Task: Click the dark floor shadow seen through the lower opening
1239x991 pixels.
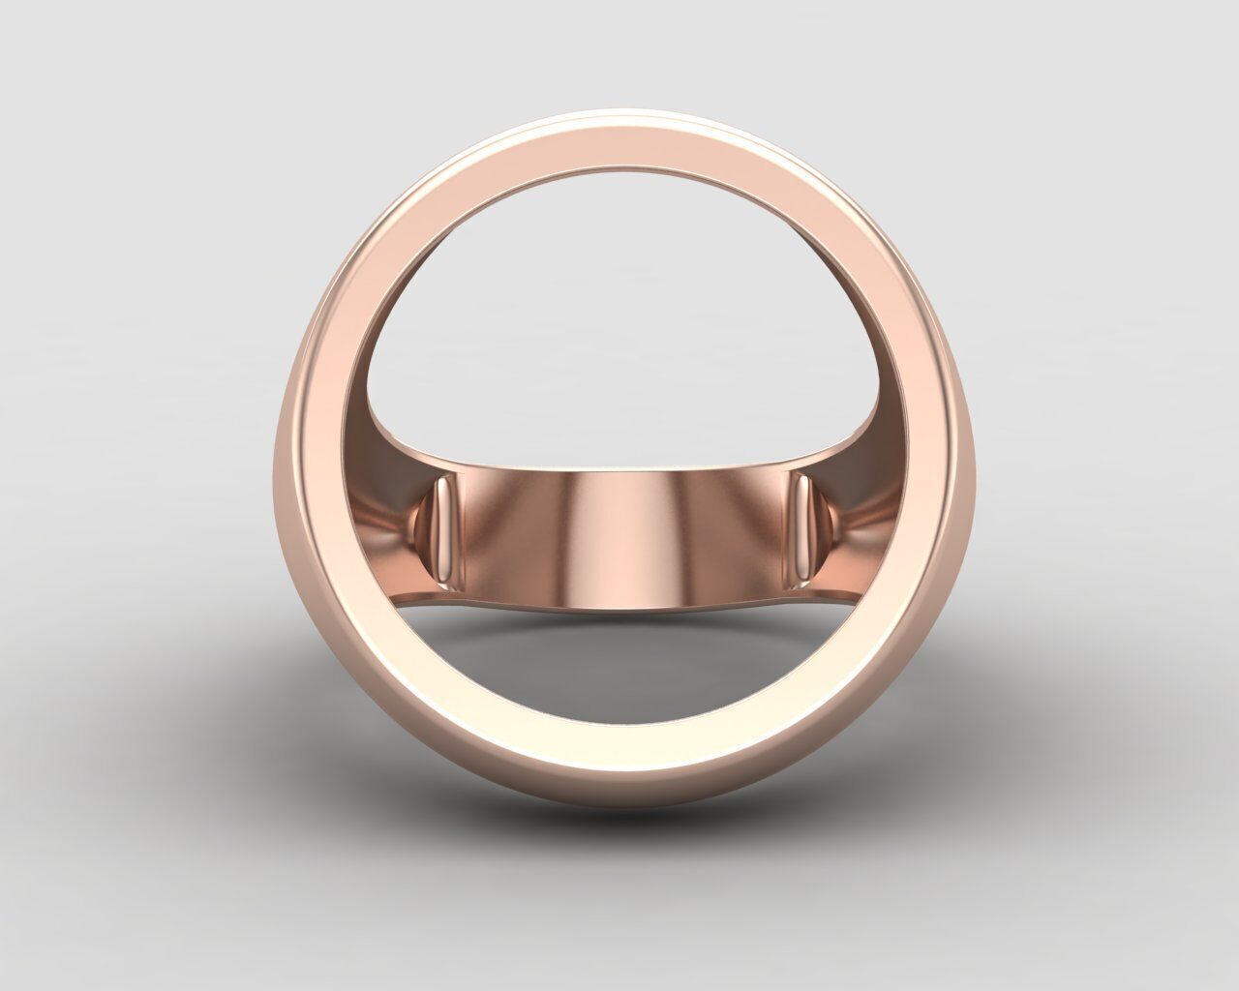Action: point(619,639)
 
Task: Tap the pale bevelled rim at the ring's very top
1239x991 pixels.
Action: point(619,134)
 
